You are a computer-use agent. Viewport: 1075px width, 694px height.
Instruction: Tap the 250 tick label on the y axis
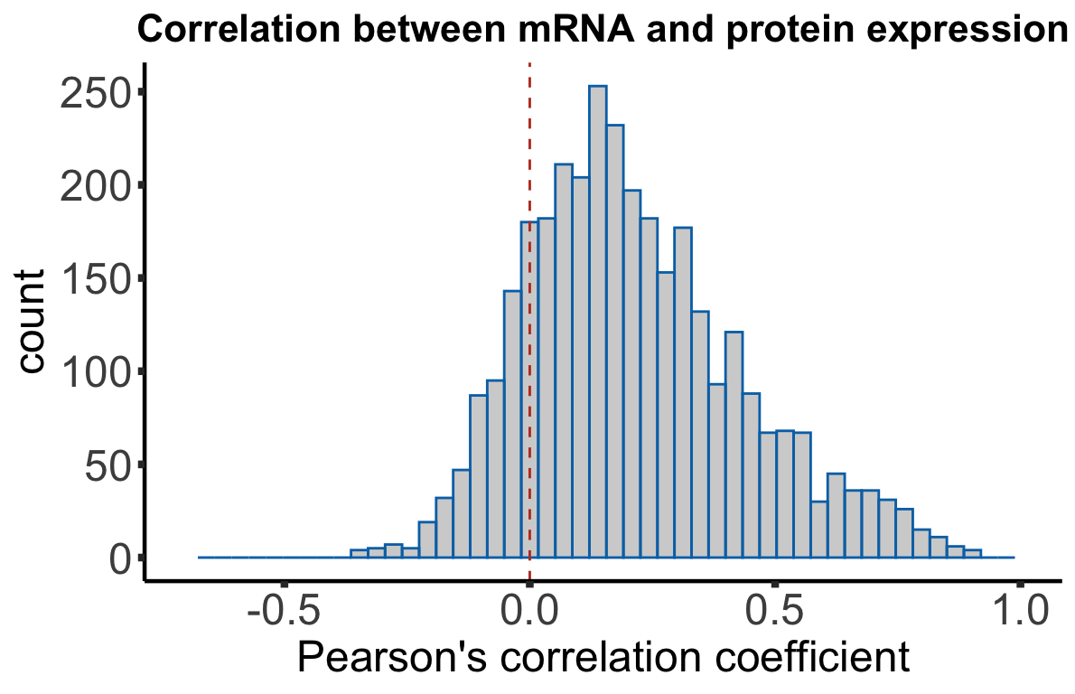click(95, 93)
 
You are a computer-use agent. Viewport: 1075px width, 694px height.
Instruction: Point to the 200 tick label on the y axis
click(95, 186)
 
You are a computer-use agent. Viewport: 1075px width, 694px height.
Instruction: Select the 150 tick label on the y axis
click(95, 279)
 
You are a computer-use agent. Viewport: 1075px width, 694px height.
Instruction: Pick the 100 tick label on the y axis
click(95, 372)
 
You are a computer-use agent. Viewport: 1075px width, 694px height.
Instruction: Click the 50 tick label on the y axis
click(107, 465)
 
